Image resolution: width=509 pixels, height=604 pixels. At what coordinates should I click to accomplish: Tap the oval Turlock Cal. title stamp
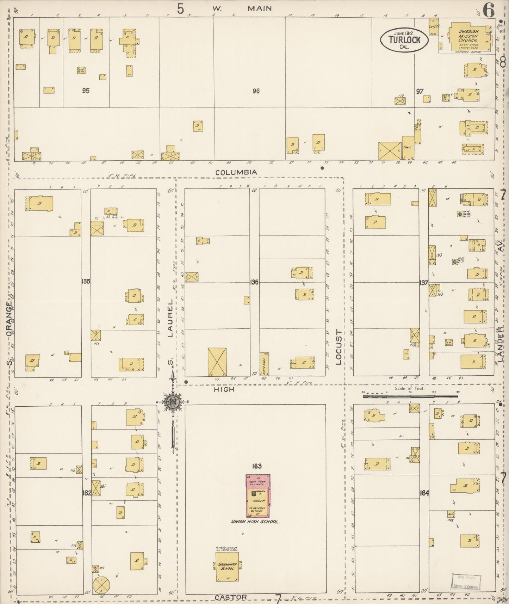tap(404, 39)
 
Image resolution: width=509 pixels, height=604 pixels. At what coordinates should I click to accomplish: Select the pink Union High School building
tap(258, 495)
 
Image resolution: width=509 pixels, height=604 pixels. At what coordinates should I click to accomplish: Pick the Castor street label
tap(230, 597)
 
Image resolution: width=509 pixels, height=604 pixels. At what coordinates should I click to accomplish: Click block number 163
tap(256, 466)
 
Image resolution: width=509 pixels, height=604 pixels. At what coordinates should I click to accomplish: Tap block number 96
tap(256, 91)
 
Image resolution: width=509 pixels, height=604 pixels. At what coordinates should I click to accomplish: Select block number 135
tap(86, 282)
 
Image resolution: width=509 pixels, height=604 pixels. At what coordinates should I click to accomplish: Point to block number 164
tap(424, 493)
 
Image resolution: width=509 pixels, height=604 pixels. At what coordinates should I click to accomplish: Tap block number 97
tap(419, 91)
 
